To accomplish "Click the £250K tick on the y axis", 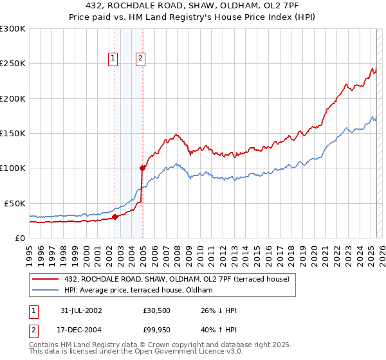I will (x=13, y=64).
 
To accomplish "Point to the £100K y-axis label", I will (x=13, y=168).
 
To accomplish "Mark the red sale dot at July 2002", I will (x=115, y=217).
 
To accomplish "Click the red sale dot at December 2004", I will (x=142, y=168).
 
